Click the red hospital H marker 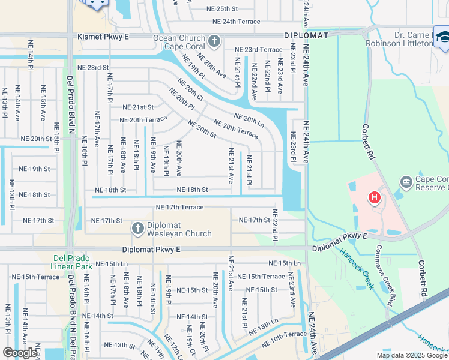[x=375, y=197]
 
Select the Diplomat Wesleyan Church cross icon [x=137, y=228]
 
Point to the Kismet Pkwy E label [x=103, y=37]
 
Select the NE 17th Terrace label [x=179, y=207]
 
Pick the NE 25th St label [x=219, y=9]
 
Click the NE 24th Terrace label [x=237, y=22]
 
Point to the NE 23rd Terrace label [x=258, y=50]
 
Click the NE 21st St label [x=138, y=107]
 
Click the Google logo [x=20, y=353]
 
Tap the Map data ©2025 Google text [x=411, y=355]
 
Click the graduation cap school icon [x=444, y=38]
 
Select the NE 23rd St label [x=93, y=68]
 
